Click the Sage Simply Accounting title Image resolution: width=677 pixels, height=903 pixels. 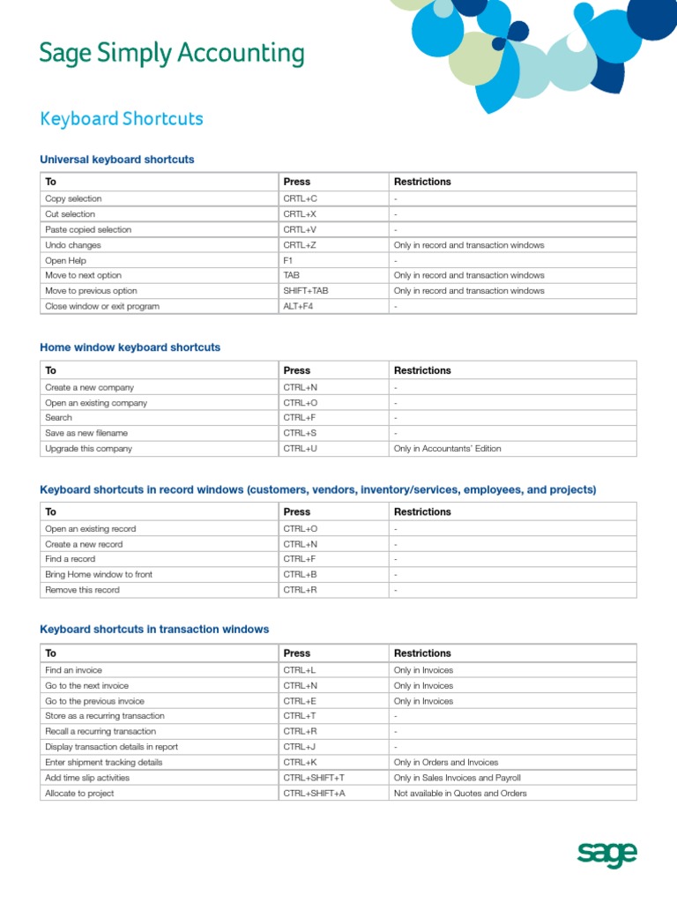(x=172, y=55)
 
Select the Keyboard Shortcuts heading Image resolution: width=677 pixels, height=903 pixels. (x=122, y=119)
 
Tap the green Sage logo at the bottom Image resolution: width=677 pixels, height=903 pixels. (x=606, y=854)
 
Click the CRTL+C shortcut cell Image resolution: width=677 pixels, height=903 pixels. (x=300, y=199)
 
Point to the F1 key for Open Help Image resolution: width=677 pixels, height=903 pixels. (x=288, y=260)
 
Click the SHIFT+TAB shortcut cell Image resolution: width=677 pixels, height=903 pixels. (x=307, y=291)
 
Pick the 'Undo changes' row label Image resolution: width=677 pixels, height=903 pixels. (x=73, y=245)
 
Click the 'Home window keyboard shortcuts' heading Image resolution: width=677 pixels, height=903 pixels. (x=130, y=347)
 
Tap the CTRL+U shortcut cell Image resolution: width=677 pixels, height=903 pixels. (x=300, y=449)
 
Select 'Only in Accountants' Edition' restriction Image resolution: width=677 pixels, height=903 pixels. (x=447, y=449)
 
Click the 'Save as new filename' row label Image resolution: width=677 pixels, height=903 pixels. (x=86, y=433)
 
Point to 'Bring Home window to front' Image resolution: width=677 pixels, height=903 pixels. (x=99, y=574)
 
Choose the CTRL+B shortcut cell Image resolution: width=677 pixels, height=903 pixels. (x=300, y=574)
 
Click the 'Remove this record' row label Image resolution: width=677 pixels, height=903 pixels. (x=82, y=590)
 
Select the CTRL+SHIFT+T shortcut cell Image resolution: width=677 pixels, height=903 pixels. (x=314, y=778)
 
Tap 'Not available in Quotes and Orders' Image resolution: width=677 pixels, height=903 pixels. (x=460, y=794)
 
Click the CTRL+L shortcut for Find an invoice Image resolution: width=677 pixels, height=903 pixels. (x=300, y=670)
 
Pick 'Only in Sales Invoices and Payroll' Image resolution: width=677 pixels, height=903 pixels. (x=458, y=778)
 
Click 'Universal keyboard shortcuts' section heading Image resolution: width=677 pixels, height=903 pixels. (x=117, y=160)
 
